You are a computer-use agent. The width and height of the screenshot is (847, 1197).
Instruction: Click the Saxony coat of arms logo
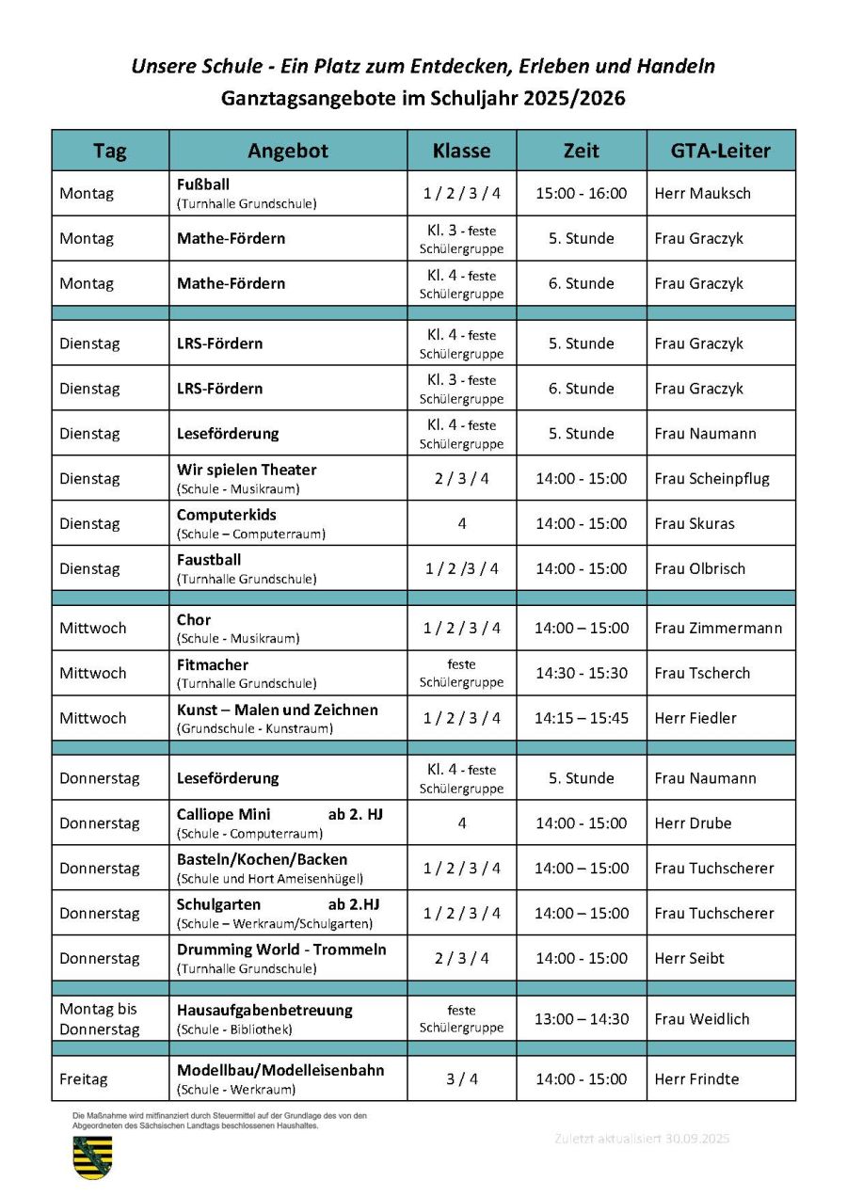(x=92, y=1157)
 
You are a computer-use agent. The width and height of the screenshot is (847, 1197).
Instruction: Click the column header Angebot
(x=288, y=151)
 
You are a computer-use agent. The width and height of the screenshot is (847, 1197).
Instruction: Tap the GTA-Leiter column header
(x=721, y=151)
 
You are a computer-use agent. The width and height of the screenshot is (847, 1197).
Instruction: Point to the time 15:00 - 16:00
(x=581, y=193)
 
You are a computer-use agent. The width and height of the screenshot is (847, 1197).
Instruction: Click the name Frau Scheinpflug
(x=711, y=478)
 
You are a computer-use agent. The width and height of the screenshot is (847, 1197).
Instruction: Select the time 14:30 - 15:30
(x=581, y=673)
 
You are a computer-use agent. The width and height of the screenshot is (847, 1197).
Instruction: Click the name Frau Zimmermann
(x=718, y=628)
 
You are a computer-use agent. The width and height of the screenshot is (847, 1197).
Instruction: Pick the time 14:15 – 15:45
(x=581, y=718)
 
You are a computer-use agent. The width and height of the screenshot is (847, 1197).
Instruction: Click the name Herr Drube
(x=693, y=823)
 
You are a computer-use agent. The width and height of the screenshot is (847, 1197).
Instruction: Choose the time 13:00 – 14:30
(x=581, y=1018)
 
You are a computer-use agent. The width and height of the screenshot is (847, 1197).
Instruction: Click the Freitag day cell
(x=84, y=1079)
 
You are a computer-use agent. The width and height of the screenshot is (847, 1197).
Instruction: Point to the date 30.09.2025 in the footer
(x=695, y=1139)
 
